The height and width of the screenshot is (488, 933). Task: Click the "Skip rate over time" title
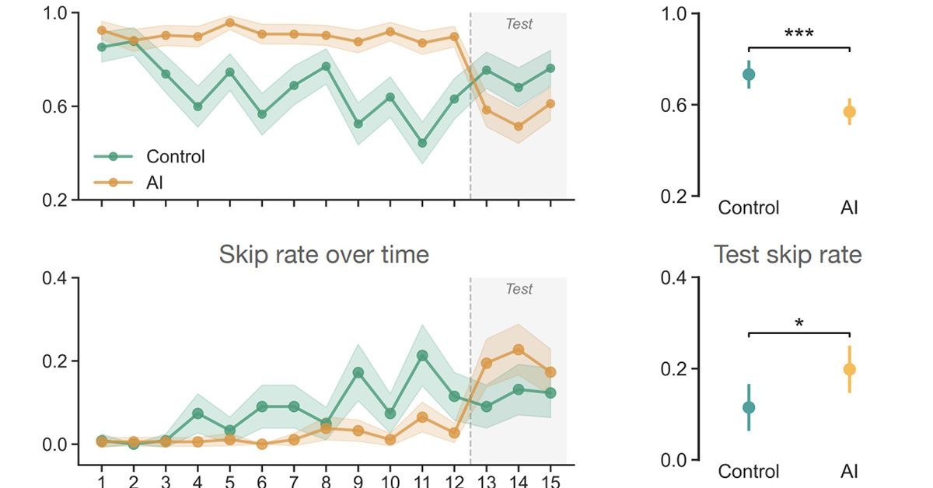(x=323, y=254)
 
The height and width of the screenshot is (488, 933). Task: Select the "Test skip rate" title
(x=788, y=254)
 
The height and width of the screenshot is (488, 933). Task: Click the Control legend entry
(x=175, y=156)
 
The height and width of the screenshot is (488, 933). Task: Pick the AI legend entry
(x=155, y=183)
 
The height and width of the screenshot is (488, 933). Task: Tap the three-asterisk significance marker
(x=798, y=35)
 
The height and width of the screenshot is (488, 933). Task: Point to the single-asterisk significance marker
(x=798, y=322)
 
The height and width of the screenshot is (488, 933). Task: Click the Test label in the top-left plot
(x=519, y=24)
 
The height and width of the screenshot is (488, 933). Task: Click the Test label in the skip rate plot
(x=519, y=289)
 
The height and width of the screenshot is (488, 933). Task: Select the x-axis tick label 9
(x=358, y=480)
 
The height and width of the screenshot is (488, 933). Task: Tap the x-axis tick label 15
(x=550, y=480)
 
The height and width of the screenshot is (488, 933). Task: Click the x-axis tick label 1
(x=101, y=480)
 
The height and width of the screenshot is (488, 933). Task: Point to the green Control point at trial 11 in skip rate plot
(x=422, y=356)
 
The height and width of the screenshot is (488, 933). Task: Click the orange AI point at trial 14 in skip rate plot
(x=519, y=350)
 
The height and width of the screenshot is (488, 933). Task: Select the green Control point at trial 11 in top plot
(x=422, y=143)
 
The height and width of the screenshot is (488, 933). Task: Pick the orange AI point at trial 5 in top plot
(x=229, y=23)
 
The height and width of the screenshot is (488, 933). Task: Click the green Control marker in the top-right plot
(x=749, y=75)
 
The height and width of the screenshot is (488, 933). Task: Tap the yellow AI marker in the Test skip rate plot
(x=849, y=369)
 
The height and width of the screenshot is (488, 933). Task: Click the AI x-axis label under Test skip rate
(x=849, y=472)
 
